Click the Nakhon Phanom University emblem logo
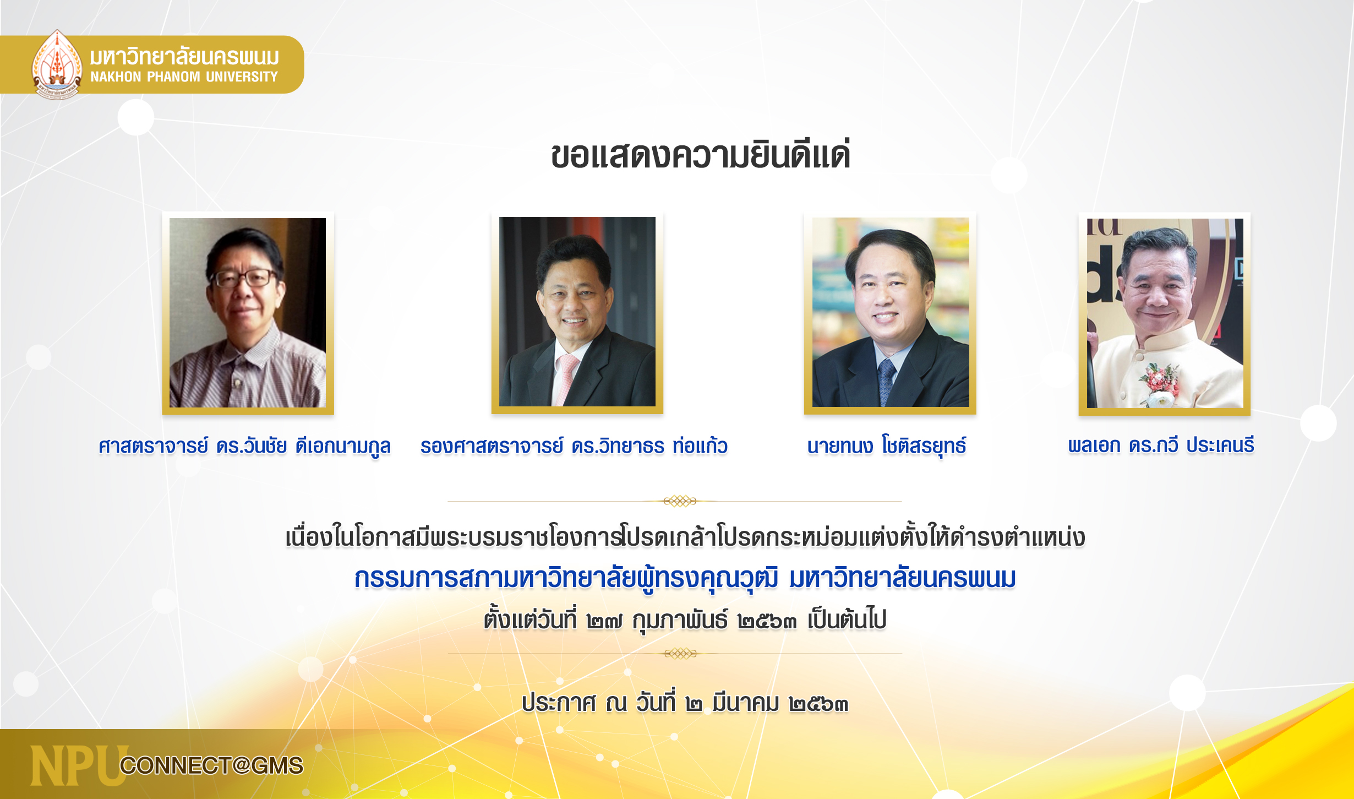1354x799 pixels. [x=57, y=64]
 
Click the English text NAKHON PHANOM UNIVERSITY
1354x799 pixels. [x=184, y=77]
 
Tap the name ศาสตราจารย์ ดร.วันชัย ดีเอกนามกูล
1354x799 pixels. [x=245, y=446]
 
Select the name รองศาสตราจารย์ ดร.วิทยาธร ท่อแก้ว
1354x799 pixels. [x=574, y=445]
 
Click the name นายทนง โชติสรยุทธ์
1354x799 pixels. [x=887, y=445]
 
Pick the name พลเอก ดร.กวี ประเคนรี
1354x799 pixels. [x=1161, y=445]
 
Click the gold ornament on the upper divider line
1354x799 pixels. [x=680, y=501]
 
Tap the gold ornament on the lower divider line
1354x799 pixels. [x=680, y=654]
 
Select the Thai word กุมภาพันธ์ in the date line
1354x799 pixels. [x=680, y=621]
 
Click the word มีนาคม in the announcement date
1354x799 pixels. [x=745, y=703]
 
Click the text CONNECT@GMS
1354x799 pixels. [x=212, y=765]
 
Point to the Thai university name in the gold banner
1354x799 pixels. [x=185, y=57]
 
